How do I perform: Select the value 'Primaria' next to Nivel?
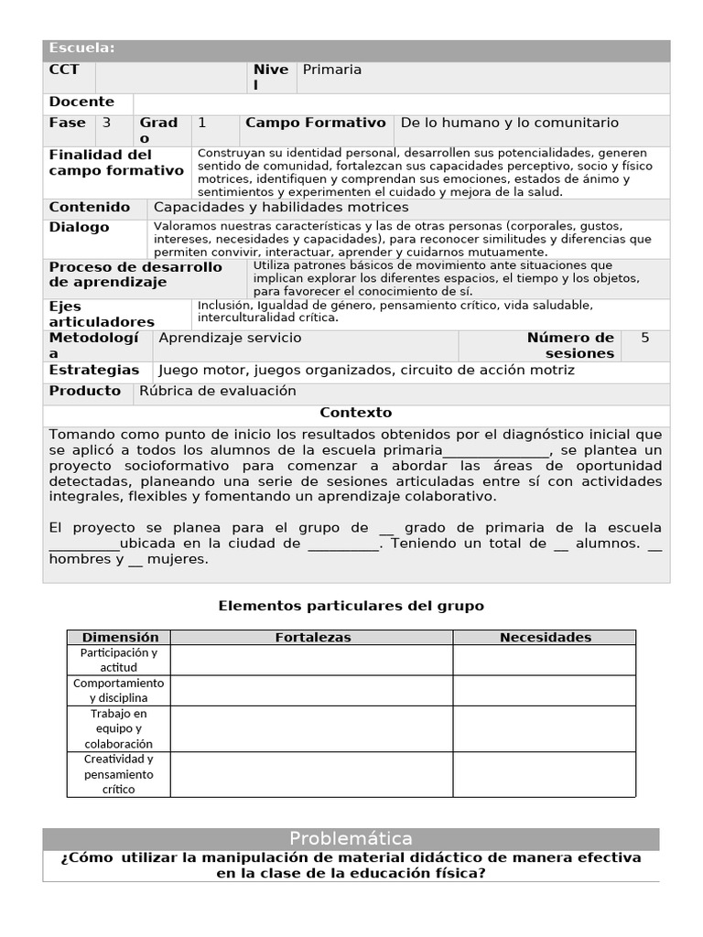(331, 70)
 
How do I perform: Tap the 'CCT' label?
(64, 70)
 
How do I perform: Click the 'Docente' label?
(81, 102)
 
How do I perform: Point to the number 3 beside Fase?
(107, 124)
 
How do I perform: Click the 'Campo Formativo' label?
(315, 124)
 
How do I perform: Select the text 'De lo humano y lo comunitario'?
(510, 124)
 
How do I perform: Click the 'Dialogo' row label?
(79, 228)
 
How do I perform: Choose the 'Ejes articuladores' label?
(101, 314)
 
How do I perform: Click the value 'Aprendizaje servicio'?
(230, 339)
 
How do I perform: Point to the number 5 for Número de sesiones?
(644, 339)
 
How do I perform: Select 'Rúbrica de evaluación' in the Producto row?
(218, 392)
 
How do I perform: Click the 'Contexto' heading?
(356, 414)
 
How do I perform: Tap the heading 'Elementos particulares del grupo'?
(351, 607)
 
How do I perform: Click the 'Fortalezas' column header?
(312, 638)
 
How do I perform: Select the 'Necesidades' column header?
(545, 638)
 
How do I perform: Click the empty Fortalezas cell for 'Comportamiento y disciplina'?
(312, 691)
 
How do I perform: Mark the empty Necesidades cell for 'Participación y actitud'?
(545, 661)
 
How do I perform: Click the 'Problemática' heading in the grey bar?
(351, 839)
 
